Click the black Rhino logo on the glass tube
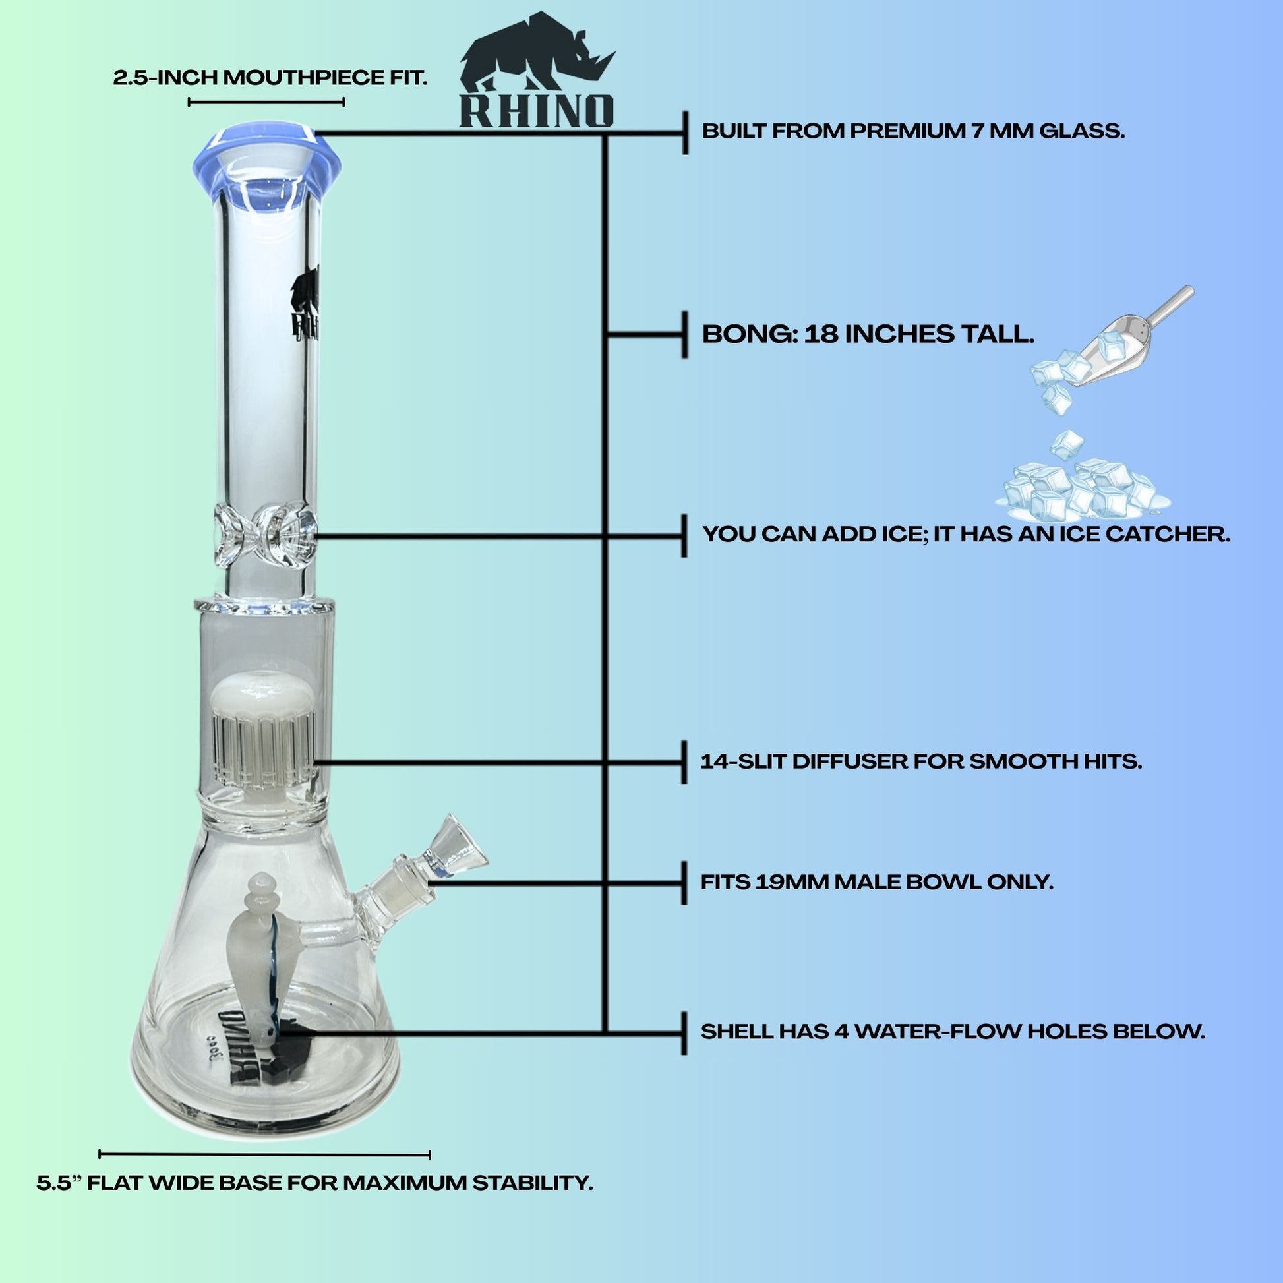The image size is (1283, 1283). [305, 299]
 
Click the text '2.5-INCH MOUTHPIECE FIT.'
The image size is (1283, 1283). [270, 78]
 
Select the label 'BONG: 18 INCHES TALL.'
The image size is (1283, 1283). [868, 334]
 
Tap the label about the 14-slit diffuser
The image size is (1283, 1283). [921, 761]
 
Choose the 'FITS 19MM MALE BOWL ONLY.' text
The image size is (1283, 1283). [878, 882]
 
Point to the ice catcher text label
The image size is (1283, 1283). [967, 534]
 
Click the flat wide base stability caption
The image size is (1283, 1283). [314, 1183]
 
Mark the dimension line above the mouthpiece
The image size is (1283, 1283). [266, 102]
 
